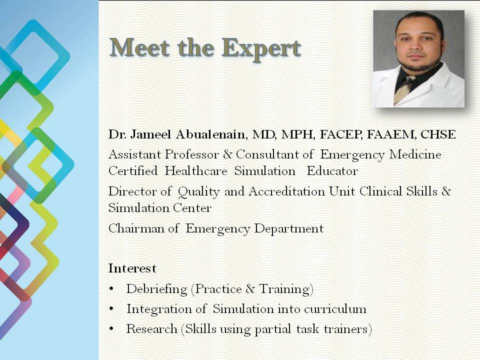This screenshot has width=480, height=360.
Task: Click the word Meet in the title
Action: tap(140, 47)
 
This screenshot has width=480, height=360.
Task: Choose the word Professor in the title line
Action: tap(191, 154)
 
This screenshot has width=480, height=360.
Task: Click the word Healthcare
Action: tap(196, 171)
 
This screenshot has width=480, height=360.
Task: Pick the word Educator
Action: tap(332, 171)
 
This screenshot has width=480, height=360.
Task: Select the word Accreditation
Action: tap(286, 191)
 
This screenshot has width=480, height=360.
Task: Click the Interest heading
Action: tap(132, 268)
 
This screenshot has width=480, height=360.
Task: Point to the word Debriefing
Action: tap(156, 289)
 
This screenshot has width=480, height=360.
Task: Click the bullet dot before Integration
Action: tap(111, 309)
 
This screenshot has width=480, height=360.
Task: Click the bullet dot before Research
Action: tap(111, 329)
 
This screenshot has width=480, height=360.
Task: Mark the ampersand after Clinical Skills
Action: tap(446, 191)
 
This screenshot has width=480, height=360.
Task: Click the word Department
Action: tap(289, 229)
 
